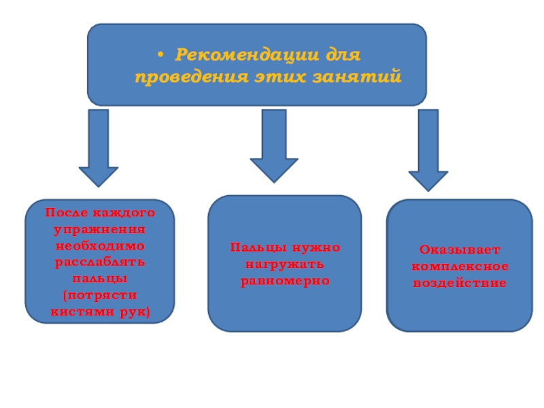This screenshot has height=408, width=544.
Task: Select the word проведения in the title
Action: pos(186,76)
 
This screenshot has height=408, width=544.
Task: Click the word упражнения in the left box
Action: pos(100,228)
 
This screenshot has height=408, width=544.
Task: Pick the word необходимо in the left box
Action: pos(100,245)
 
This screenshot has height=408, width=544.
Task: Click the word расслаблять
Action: pos(100,262)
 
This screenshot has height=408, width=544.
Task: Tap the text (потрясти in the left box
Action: pos(100,295)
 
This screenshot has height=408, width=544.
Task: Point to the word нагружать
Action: pos(284,264)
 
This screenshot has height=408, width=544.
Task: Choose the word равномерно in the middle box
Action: pos(284,280)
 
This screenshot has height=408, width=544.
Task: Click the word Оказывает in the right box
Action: pos(460,250)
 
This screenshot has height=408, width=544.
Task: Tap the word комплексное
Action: pos(460,267)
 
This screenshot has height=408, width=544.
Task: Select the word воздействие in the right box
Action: pos(460,283)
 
